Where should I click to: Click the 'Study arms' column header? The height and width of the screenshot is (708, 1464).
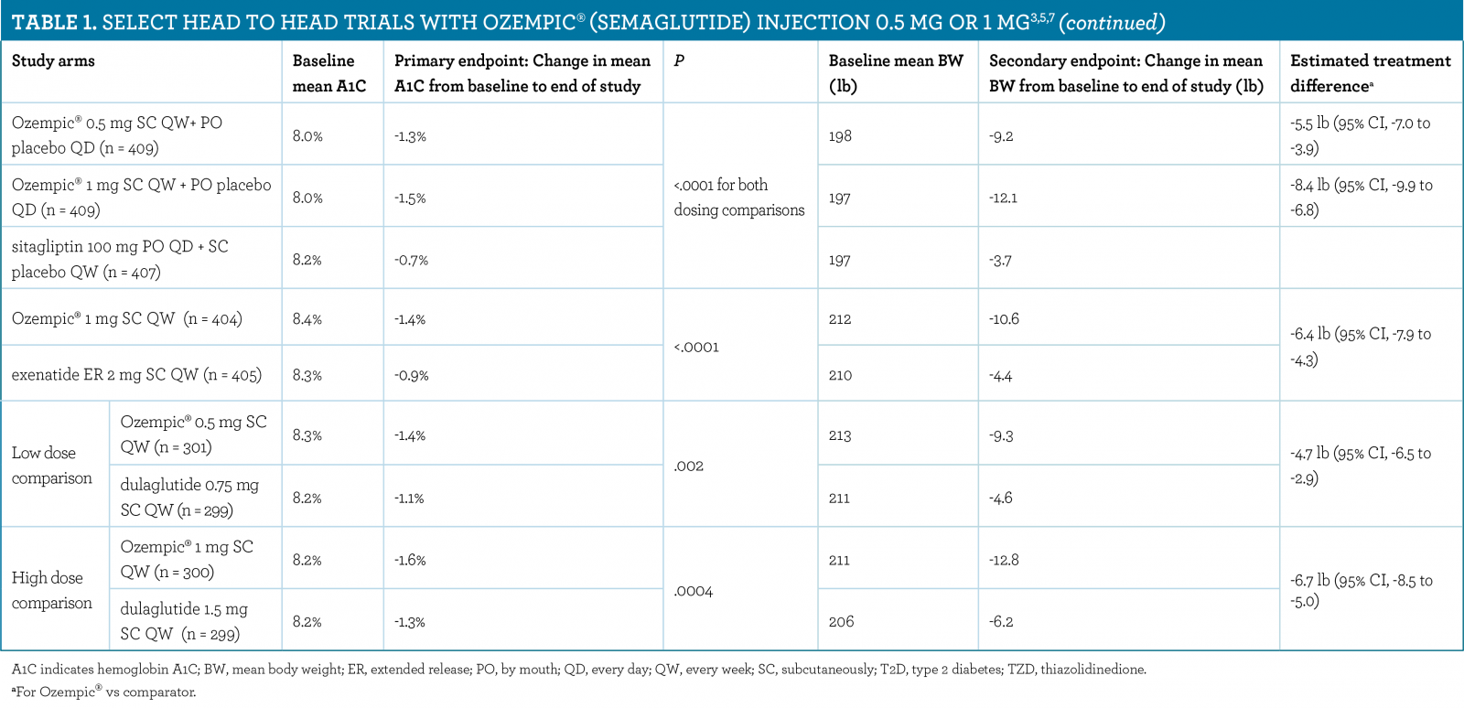pyautogui.click(x=53, y=61)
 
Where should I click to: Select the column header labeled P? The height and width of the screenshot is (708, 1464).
pyautogui.click(x=679, y=61)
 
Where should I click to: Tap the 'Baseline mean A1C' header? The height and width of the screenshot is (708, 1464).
pyautogui.click(x=328, y=73)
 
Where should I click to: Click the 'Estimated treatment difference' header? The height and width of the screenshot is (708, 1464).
pyautogui.click(x=1370, y=73)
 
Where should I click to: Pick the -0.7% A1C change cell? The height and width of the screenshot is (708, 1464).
pyautogui.click(x=411, y=261)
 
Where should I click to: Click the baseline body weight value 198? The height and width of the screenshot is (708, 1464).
pyautogui.click(x=840, y=136)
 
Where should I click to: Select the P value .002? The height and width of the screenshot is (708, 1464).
pyautogui.click(x=688, y=467)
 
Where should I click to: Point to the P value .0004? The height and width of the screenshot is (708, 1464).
pyautogui.click(x=693, y=592)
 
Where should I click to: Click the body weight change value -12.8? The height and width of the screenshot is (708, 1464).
pyautogui.click(x=1004, y=560)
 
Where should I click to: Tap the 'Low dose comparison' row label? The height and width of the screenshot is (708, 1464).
pyautogui.click(x=52, y=465)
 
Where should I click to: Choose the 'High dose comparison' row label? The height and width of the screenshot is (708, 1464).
pyautogui.click(x=52, y=590)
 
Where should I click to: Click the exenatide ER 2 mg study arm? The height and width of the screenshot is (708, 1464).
pyautogui.click(x=136, y=375)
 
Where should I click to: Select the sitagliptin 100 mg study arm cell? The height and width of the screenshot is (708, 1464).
pyautogui.click(x=120, y=259)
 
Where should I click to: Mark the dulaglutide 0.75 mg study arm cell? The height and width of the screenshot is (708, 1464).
pyautogui.click(x=189, y=498)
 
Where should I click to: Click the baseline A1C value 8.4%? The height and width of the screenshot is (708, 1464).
pyautogui.click(x=307, y=319)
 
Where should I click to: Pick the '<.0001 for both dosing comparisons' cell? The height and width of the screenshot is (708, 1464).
pyautogui.click(x=738, y=198)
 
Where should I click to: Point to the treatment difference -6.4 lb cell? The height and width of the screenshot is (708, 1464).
pyautogui.click(x=1361, y=347)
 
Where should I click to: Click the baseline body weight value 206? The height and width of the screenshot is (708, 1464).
pyautogui.click(x=841, y=622)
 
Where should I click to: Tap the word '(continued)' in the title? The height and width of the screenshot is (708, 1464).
pyautogui.click(x=1112, y=23)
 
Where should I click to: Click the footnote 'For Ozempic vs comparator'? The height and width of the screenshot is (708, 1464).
pyautogui.click(x=104, y=692)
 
